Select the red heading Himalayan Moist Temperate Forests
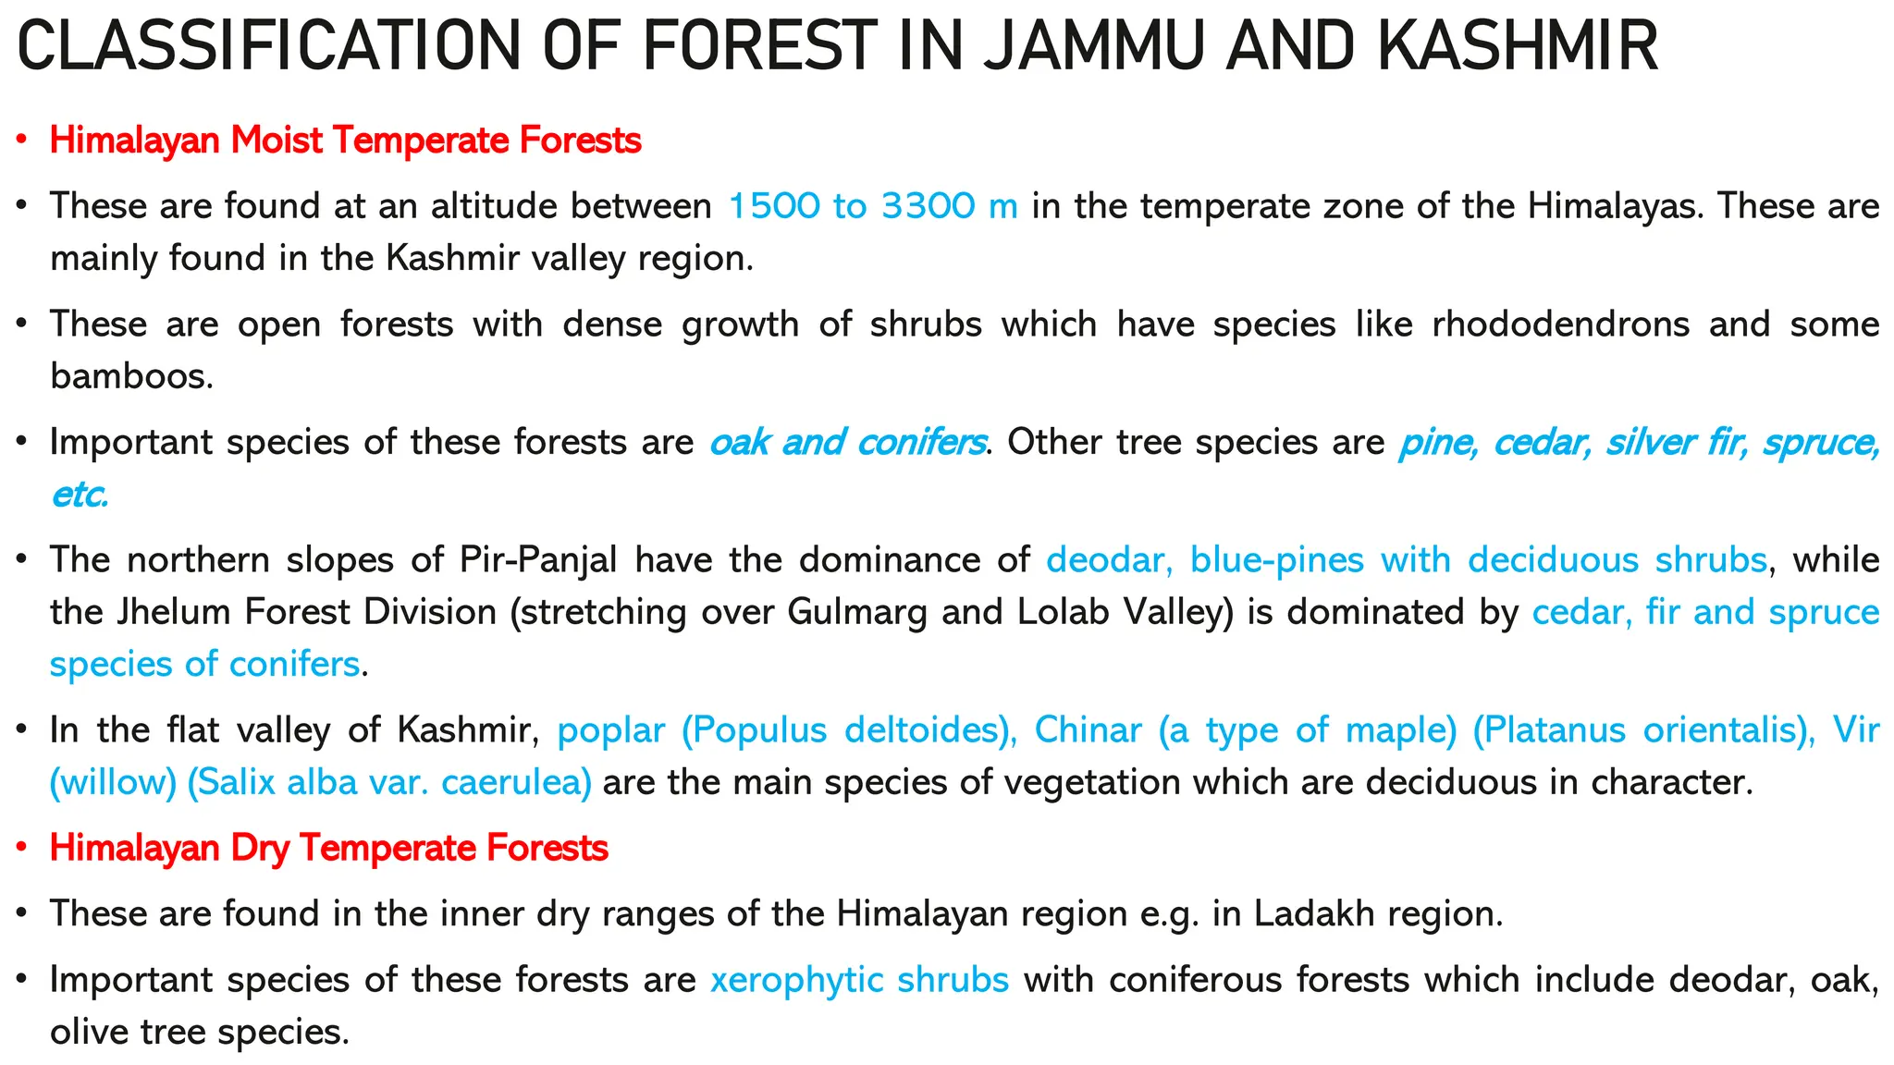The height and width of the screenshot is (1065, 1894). pyautogui.click(x=345, y=141)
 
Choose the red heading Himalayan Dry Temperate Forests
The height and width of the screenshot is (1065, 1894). pyautogui.click(x=328, y=848)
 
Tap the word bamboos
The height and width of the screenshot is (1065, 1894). pyautogui.click(x=130, y=376)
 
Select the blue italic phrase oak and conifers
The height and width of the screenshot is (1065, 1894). pyautogui.click(x=846, y=443)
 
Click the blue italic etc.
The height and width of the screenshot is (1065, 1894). pyautogui.click(x=80, y=496)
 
